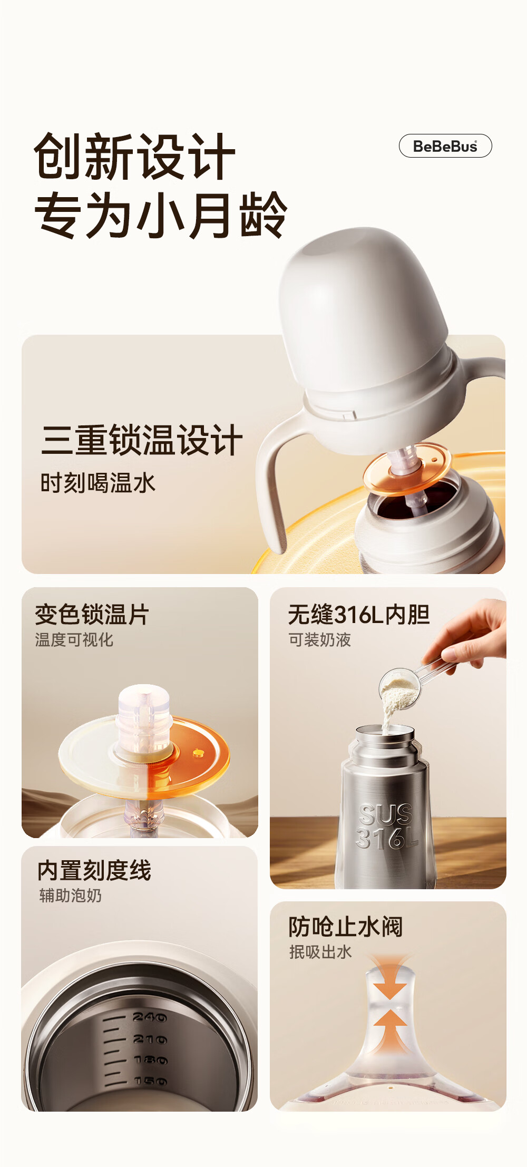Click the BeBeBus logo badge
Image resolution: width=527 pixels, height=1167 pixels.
(445, 146)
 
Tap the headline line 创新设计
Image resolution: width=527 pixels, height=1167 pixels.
(134, 157)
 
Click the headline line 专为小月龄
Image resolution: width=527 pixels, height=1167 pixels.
(161, 215)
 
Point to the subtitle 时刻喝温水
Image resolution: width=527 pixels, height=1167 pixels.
(98, 483)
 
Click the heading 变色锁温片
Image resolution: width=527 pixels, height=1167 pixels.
(92, 615)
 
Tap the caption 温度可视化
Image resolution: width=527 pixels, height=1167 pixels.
(74, 640)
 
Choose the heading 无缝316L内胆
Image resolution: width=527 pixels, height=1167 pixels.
(359, 615)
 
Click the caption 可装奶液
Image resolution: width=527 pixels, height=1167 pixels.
(319, 640)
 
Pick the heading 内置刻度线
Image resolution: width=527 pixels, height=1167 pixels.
(94, 870)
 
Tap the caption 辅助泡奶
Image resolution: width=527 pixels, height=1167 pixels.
(71, 896)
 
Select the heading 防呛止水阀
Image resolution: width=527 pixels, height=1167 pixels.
(346, 927)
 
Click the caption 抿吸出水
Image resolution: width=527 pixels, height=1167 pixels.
(320, 952)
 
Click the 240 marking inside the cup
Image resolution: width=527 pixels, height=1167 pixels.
(150, 1017)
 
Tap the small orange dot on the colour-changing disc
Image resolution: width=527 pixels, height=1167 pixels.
(198, 753)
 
